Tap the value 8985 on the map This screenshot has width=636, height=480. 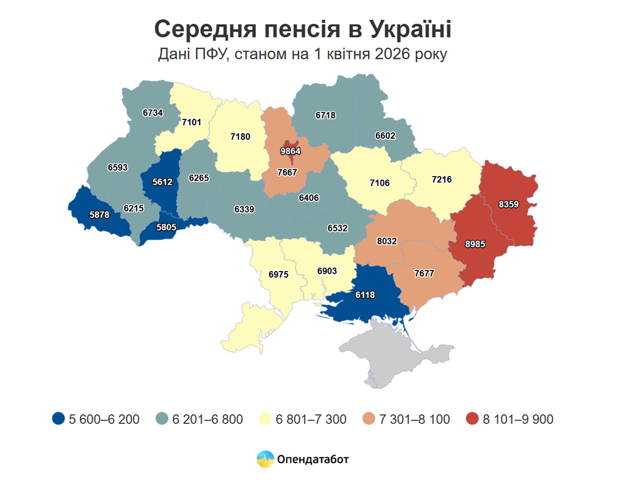click(x=476, y=244)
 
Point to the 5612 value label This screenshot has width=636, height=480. click(x=162, y=182)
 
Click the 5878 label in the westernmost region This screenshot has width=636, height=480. click(x=99, y=214)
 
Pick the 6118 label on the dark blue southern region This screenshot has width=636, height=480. click(x=365, y=295)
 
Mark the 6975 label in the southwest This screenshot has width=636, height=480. click(x=279, y=274)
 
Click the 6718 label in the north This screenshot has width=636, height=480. click(x=326, y=116)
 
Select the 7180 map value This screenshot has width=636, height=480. click(x=240, y=137)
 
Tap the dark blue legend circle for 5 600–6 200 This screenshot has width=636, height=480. click(x=59, y=419)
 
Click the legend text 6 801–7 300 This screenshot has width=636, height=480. click(x=311, y=419)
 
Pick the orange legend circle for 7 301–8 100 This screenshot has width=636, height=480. click(x=369, y=419)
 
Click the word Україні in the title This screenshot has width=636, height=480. click(x=410, y=29)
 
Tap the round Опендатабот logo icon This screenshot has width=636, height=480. click(x=265, y=459)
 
